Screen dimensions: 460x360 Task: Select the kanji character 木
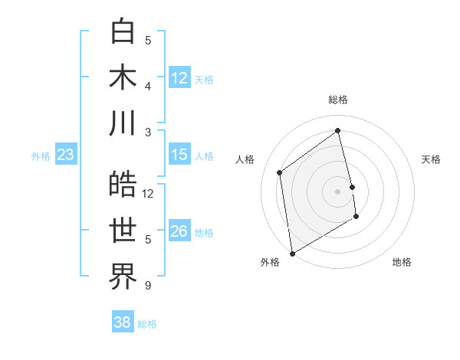(x=123, y=77)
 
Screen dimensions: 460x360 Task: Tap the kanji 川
(x=123, y=123)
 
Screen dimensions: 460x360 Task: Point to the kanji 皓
(x=123, y=185)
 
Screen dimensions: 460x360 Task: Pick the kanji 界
(x=123, y=277)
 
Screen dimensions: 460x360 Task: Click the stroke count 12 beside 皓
(x=149, y=193)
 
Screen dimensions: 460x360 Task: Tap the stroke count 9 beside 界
(x=148, y=286)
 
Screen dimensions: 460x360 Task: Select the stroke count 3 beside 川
(x=148, y=132)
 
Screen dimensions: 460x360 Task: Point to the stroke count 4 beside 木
(x=148, y=86)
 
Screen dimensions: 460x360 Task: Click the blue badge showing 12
(x=179, y=78)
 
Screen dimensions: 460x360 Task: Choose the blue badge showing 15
(x=179, y=155)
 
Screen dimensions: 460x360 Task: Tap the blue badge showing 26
(x=179, y=231)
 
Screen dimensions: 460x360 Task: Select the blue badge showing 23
(x=66, y=155)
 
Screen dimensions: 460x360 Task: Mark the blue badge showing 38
(x=123, y=322)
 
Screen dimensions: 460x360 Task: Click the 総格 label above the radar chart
(x=338, y=100)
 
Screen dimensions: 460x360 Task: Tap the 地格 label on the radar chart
(x=402, y=262)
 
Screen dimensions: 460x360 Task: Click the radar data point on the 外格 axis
(x=292, y=253)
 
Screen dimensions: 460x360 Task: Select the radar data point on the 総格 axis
(x=338, y=130)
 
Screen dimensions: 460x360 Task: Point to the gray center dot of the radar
(x=337, y=191)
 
